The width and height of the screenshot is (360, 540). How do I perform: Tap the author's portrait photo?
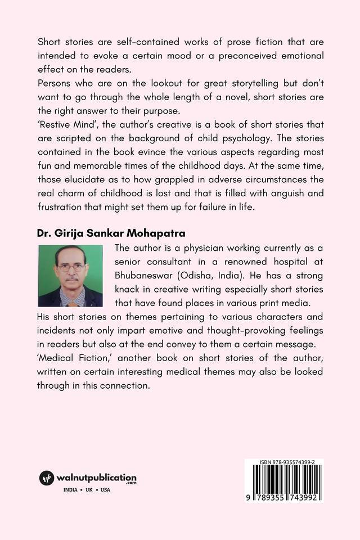tap(70, 276)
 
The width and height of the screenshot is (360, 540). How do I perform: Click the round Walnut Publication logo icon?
tap(46, 479)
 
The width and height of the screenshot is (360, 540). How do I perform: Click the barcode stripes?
tap(283, 481)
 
